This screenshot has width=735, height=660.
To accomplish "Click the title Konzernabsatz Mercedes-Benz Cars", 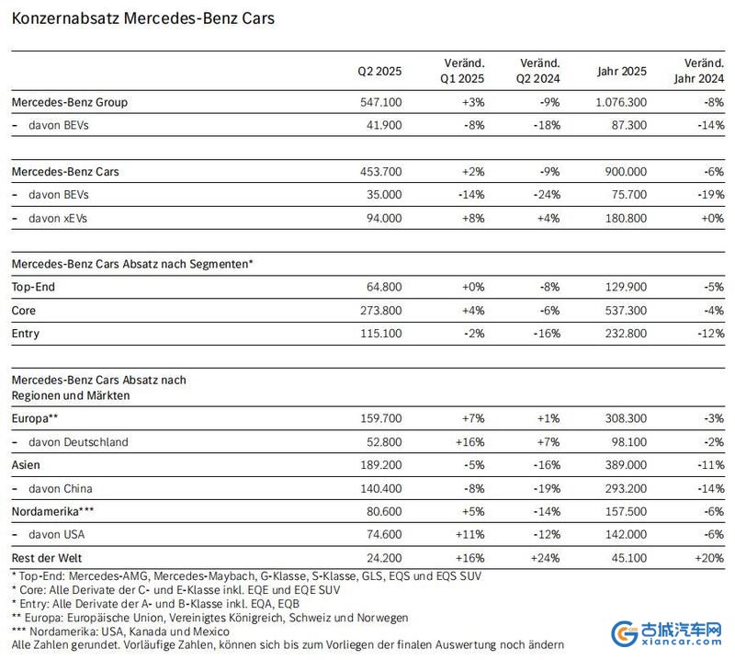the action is point(143,18).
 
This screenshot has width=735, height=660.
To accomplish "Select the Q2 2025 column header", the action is point(379,71).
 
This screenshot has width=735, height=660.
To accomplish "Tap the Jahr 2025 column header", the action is point(622,71).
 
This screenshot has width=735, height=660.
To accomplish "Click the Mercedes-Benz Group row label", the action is point(70,102).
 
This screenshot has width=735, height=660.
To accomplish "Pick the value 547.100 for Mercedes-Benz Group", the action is point(380,102).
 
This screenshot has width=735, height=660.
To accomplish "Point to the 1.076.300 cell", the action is point(621,102).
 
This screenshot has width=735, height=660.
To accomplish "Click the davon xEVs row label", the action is point(58,218).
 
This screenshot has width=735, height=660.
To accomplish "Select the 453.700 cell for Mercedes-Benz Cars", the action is point(380,172).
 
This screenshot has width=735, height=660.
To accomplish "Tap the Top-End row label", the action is point(33,287).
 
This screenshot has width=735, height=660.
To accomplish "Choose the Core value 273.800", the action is point(380,311).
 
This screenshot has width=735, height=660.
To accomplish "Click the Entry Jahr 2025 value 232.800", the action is point(626,334).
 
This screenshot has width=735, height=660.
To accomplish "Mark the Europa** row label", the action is point(35,418).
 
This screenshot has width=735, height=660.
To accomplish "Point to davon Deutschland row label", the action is point(78,442).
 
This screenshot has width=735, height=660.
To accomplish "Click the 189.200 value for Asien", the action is point(380,465).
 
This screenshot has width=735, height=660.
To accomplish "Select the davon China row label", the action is point(61,489).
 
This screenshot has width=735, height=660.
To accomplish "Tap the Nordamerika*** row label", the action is point(52,511).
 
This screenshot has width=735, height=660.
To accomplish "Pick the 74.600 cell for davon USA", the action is point(384,534).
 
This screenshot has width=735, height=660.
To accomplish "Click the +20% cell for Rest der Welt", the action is point(709,558).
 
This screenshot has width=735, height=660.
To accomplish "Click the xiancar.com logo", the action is point(666,633).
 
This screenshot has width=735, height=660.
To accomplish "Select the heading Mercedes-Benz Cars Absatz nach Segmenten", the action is point(132,264).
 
